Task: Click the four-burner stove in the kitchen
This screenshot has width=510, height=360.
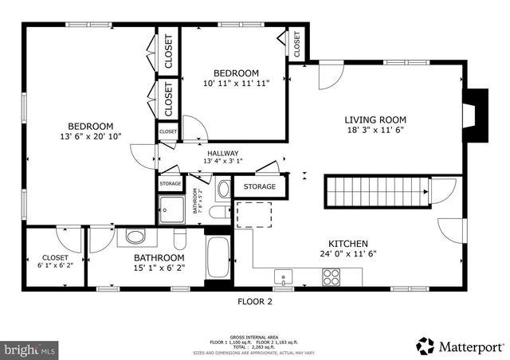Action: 331,277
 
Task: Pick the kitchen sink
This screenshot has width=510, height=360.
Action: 284,277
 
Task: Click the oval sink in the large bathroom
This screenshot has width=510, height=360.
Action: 135,237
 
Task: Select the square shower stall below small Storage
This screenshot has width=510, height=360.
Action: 171,209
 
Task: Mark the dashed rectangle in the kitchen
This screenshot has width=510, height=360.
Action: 254,213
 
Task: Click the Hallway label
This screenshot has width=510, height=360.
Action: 222,154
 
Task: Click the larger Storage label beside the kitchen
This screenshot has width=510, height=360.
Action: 259,187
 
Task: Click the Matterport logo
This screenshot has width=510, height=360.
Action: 461,346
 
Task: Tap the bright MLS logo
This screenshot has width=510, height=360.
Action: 30,349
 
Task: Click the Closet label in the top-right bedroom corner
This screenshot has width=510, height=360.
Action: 296,45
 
